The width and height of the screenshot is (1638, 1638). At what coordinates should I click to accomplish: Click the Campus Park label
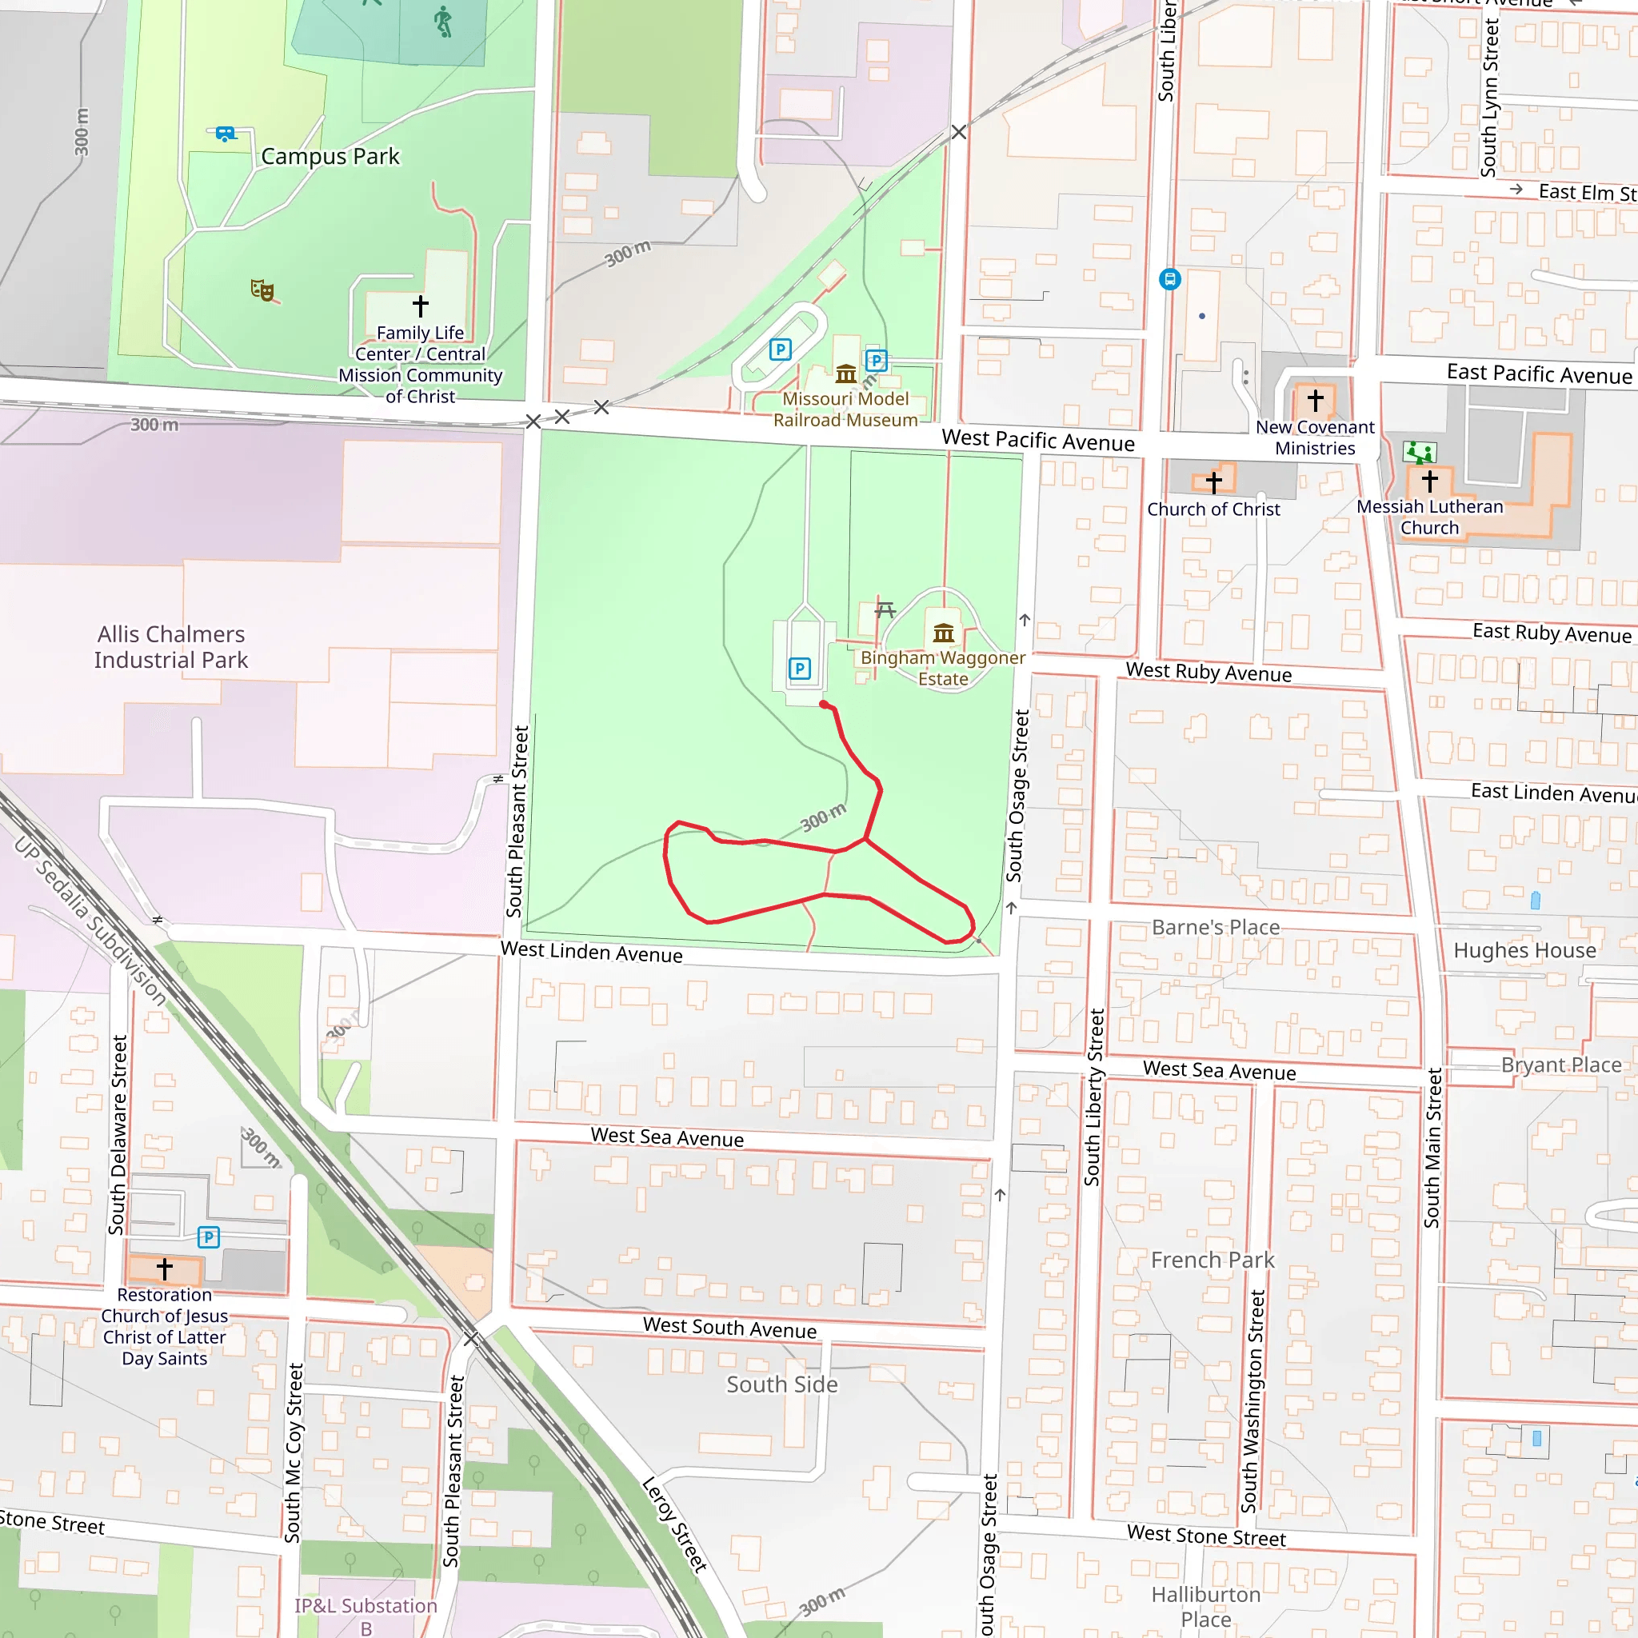[x=330, y=157]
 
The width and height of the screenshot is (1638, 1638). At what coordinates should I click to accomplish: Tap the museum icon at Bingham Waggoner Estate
[x=944, y=633]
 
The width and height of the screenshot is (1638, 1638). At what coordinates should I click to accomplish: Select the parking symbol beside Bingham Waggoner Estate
[x=799, y=669]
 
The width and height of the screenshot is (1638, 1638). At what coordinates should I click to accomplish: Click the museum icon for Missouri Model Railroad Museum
[x=845, y=373]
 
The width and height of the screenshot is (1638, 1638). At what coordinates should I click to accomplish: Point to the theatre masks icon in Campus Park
[x=262, y=290]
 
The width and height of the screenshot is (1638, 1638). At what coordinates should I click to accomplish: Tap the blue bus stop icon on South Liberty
[x=1169, y=279]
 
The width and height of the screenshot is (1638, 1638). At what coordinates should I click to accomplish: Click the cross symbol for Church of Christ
[x=1213, y=482]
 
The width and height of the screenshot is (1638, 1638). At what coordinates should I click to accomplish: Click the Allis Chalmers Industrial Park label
[x=171, y=647]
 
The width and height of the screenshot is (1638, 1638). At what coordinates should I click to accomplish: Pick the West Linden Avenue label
[x=591, y=951]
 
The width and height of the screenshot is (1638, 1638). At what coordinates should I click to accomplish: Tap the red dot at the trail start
[x=824, y=704]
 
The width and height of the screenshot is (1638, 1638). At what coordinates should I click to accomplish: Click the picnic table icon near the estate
[x=885, y=609]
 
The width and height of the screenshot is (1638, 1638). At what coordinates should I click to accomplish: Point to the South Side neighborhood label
[x=781, y=1384]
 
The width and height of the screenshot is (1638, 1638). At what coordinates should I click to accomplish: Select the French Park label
[x=1213, y=1260]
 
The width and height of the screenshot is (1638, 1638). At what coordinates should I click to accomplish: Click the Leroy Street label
[x=674, y=1524]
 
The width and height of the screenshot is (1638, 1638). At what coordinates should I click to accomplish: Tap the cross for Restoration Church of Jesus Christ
[x=165, y=1269]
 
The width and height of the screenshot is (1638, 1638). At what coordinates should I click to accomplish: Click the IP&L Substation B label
[x=366, y=1616]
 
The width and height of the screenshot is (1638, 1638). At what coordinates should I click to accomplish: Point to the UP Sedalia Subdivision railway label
[x=90, y=921]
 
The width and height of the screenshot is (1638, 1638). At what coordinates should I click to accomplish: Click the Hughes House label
[x=1524, y=950]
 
